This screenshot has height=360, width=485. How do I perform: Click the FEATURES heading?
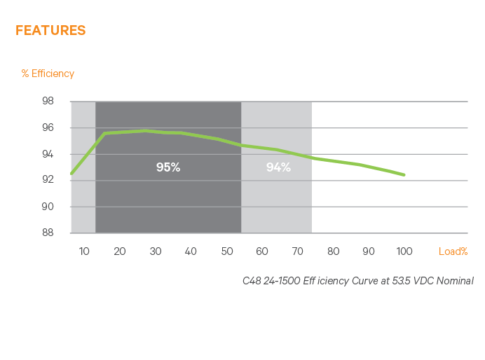(x=50, y=30)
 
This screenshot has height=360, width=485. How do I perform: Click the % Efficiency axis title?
(x=48, y=74)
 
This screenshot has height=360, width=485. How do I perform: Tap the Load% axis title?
(x=453, y=251)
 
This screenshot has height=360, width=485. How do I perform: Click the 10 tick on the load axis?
(x=84, y=251)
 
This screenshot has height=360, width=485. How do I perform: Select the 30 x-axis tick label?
(x=155, y=251)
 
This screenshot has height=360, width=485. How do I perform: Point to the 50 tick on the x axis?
(x=226, y=251)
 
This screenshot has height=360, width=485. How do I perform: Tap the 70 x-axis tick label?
(x=298, y=251)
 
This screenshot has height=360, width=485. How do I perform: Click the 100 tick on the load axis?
(x=404, y=251)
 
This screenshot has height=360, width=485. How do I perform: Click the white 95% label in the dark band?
(x=168, y=167)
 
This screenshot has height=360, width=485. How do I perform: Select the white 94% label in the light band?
(x=278, y=167)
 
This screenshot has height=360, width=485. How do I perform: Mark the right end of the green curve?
(x=404, y=174)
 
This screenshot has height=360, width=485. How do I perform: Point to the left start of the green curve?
(x=71, y=173)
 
